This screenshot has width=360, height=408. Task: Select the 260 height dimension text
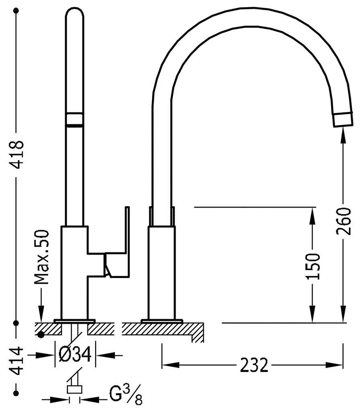[344, 221]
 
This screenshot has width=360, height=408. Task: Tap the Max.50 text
[42, 257]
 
